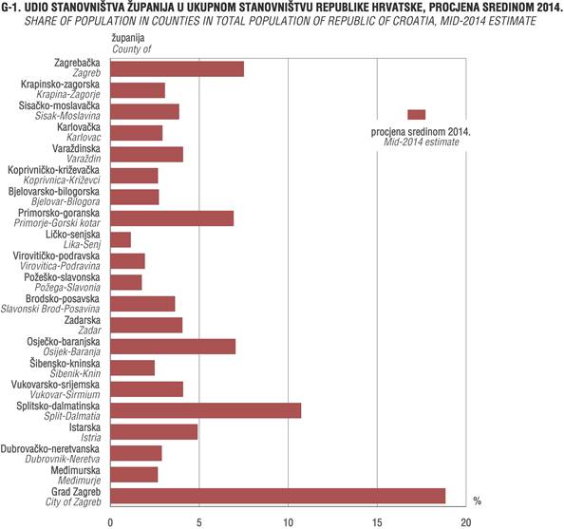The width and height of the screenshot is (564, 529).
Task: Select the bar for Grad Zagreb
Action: coord(277,496)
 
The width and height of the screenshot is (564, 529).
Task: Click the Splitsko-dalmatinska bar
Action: coord(206,410)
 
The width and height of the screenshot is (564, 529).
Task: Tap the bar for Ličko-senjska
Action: coord(121,239)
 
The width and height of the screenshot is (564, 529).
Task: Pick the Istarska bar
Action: coord(154,432)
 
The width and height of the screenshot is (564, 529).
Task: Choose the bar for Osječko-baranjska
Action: coord(173,347)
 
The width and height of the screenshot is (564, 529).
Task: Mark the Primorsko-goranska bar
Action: coord(172,218)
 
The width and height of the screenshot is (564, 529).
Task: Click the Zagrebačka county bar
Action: coord(177,68)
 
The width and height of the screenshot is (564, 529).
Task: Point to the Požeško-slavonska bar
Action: coord(126,282)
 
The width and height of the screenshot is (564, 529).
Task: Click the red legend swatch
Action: coord(417,114)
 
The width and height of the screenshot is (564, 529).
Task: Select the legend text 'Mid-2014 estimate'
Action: coord(422,142)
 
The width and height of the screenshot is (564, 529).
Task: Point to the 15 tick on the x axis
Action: coord(377,522)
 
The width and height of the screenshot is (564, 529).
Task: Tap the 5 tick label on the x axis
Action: coord(199,522)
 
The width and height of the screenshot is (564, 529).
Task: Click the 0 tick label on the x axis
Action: coord(110,522)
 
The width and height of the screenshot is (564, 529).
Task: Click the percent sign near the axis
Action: coord(478,501)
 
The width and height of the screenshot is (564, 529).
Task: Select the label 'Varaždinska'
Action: coord(76,148)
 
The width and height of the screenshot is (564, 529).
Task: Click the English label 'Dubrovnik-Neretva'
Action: coord(63,459)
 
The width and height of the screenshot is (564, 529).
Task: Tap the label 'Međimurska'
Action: coord(76,470)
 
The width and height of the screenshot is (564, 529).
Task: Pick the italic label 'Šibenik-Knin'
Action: coord(75,373)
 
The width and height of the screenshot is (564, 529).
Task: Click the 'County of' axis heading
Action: coord(132,49)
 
